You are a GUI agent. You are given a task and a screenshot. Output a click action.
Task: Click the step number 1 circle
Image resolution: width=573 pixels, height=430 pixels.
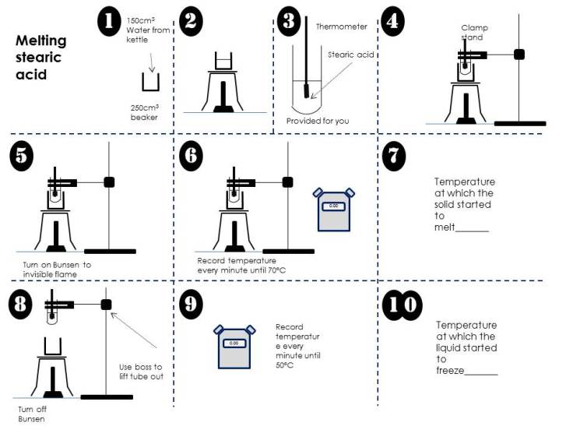109,21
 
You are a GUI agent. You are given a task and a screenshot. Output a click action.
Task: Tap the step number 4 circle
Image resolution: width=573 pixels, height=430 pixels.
394,21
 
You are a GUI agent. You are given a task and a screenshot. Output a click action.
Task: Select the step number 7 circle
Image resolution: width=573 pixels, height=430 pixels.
395,155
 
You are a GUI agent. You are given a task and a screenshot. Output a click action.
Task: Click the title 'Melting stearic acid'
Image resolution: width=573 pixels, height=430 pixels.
41,58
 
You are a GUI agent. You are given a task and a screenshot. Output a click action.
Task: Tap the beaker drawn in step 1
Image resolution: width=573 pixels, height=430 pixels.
149,82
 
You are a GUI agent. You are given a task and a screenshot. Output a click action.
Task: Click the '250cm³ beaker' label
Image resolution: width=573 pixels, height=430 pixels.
145,113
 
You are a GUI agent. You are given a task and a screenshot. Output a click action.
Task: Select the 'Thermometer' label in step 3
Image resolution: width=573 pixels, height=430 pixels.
341,26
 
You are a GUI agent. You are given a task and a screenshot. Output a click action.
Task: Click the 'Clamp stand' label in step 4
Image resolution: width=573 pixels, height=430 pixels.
473,33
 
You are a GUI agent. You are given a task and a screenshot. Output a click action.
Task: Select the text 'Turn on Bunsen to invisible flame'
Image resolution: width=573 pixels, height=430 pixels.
57,269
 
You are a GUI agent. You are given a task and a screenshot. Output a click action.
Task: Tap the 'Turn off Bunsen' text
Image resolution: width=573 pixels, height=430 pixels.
31,413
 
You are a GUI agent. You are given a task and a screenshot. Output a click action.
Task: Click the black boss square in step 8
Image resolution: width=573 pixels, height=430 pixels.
107,304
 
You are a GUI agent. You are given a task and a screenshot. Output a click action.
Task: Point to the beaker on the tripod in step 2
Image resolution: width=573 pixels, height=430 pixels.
223,62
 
